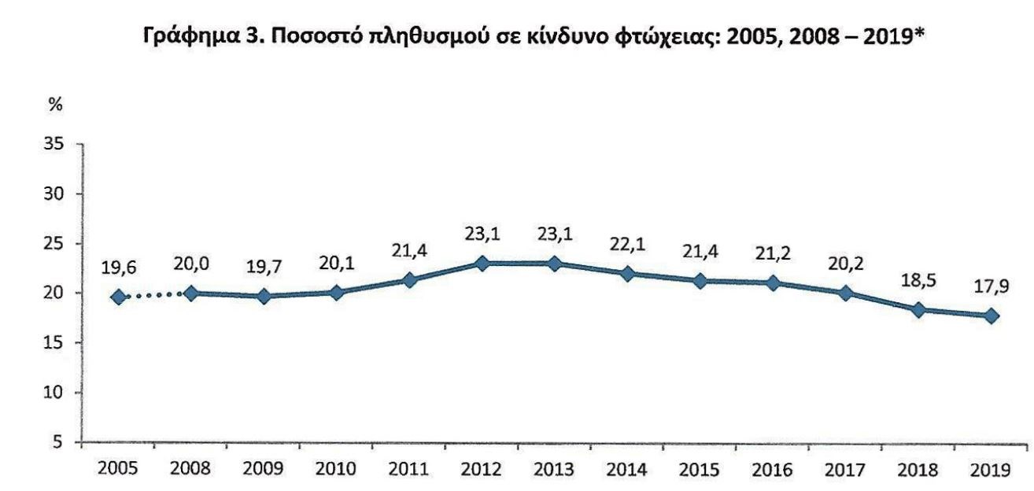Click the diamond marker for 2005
[x=119, y=297]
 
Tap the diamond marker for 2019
[x=992, y=316]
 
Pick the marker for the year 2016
[x=774, y=283]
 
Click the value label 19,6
[x=119, y=268]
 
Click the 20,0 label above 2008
[x=191, y=264]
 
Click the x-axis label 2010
[x=336, y=470]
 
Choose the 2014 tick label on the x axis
[x=627, y=470]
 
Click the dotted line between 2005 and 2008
[x=155, y=295]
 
